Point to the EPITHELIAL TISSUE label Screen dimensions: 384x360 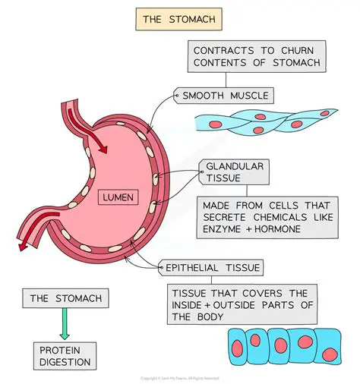[212, 267]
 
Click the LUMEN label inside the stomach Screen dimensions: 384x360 [118, 198]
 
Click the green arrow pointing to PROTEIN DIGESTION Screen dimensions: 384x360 [66, 325]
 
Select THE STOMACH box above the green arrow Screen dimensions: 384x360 [66, 298]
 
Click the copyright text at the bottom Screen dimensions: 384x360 [180, 378]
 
